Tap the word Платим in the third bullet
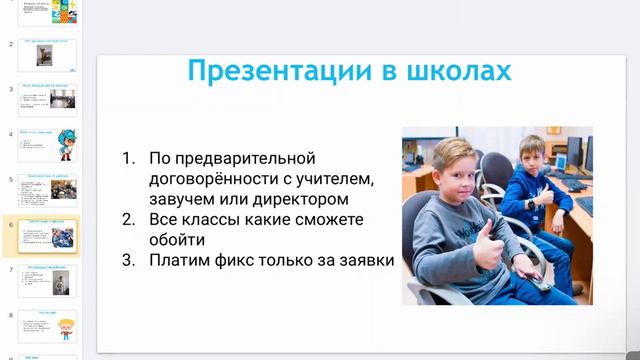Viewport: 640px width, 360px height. (178, 261)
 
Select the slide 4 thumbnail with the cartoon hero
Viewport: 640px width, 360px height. (48, 145)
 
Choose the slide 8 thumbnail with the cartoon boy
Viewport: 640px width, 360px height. (48, 328)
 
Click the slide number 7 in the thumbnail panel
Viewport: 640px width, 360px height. (10, 270)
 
